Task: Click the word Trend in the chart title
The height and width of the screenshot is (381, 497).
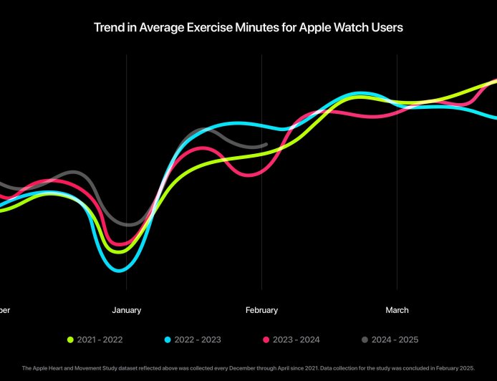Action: (x=107, y=28)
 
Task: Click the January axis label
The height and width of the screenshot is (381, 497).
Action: (x=127, y=310)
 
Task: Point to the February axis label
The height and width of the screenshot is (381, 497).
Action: (x=261, y=310)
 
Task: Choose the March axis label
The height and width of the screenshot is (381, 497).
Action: (x=397, y=310)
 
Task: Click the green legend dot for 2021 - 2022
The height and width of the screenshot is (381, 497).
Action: (x=70, y=339)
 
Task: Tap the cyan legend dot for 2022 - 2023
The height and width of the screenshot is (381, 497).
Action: (x=168, y=339)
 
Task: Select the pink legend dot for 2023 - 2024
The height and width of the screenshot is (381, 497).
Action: (x=266, y=339)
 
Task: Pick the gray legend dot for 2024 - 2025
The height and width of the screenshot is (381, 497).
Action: (x=365, y=339)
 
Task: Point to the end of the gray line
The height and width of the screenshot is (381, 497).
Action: (x=266, y=145)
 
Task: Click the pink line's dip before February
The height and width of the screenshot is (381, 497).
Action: (x=247, y=175)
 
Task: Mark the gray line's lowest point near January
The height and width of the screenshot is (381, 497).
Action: (x=127, y=224)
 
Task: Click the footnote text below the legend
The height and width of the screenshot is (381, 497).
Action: (x=248, y=367)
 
